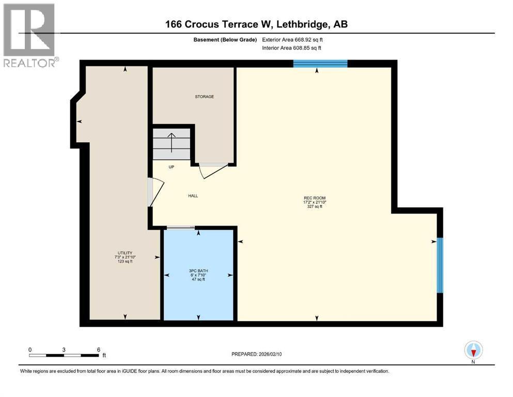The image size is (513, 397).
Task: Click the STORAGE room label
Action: click(204, 97)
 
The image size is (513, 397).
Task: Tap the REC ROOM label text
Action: click(315, 197)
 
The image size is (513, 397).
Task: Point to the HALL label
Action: click(193, 196)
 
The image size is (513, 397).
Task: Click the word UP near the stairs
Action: click(171, 167)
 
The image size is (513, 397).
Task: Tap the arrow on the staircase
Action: click(172, 141)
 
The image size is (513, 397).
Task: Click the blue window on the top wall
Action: click(320, 64)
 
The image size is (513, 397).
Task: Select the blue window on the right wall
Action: click(440, 265)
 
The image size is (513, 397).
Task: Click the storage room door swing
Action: click(212, 171)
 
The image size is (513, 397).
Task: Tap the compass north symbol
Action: click(473, 350)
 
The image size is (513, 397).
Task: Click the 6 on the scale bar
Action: click(98, 349)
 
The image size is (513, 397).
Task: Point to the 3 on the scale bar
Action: click(64, 349)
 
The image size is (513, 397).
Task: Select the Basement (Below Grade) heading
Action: click(227, 39)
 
